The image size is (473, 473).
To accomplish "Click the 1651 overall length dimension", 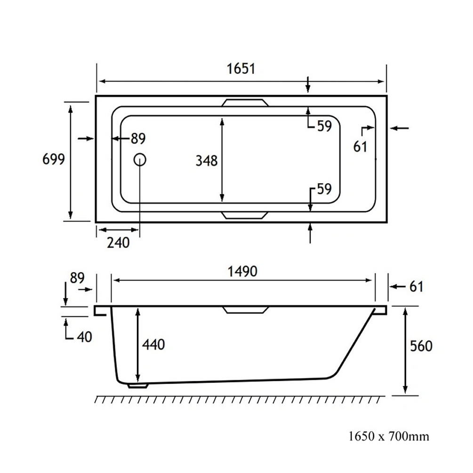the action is [x=241, y=69].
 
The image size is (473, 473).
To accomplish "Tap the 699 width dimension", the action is [x=54, y=159].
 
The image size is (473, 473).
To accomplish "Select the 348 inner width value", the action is [x=207, y=160].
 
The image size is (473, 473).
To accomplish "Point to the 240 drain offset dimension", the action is [x=118, y=242].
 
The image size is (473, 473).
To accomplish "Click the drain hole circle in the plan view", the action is [x=140, y=160].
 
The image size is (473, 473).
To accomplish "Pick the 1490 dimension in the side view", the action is [x=242, y=272].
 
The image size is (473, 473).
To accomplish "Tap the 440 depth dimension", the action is [x=153, y=345].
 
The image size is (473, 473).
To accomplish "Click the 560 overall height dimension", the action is [x=421, y=346].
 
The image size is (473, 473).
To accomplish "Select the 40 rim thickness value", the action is [x=84, y=337].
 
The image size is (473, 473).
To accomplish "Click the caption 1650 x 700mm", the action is [x=389, y=436].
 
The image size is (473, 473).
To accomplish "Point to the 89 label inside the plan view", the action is [x=138, y=138].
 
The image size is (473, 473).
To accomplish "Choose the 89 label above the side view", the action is [x=77, y=278].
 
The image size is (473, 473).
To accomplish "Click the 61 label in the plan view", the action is [x=360, y=147].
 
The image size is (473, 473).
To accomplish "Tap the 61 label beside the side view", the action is [x=417, y=287].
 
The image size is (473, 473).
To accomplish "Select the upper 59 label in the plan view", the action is [x=325, y=126].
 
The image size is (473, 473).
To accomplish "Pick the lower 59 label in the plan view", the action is [x=324, y=189].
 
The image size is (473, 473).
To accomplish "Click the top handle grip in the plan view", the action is [x=245, y=103].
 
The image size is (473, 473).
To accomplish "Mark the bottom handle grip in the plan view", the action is [x=245, y=215].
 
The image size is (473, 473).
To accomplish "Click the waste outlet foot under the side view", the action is [x=138, y=385].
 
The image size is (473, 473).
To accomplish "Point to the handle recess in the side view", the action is [x=245, y=310].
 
